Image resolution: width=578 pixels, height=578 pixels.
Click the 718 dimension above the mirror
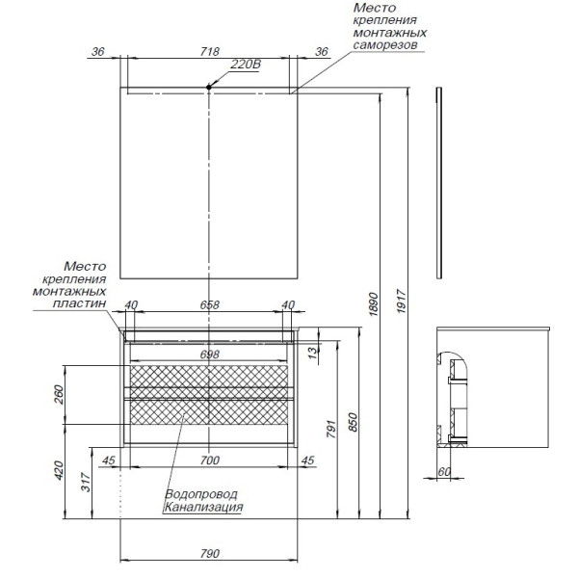[210, 52]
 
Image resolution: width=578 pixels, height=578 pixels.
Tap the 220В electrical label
[247, 66]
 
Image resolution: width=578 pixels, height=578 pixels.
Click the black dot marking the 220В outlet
[209, 89]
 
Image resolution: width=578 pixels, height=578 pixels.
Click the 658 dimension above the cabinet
[209, 305]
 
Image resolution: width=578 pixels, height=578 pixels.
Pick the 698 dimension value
[209, 354]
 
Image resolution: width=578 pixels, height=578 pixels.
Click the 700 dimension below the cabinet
[209, 460]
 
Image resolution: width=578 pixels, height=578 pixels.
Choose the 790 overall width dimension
[209, 553]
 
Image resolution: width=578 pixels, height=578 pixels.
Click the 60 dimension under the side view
[443, 472]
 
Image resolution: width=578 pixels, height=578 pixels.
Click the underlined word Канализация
[202, 507]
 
